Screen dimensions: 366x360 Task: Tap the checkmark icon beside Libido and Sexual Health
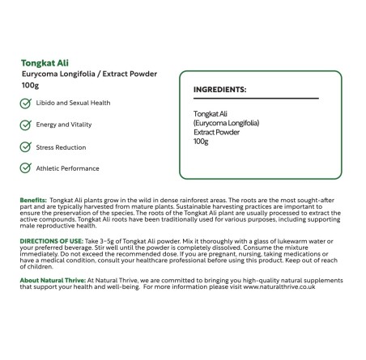pos(25,104)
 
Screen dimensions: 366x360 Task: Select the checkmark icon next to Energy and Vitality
pos(25,125)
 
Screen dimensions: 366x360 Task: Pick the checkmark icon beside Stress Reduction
pos(25,147)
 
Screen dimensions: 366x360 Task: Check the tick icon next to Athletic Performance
pos(25,168)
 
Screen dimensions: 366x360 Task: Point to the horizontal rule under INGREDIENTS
pos(255,99)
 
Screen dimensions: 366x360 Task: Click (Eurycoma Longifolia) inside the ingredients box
pos(227,123)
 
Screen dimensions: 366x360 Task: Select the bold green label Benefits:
pos(33,199)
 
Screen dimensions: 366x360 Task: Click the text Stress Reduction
pos(61,147)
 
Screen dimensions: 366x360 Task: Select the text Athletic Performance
pos(67,168)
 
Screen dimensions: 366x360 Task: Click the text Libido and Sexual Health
pos(73,104)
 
